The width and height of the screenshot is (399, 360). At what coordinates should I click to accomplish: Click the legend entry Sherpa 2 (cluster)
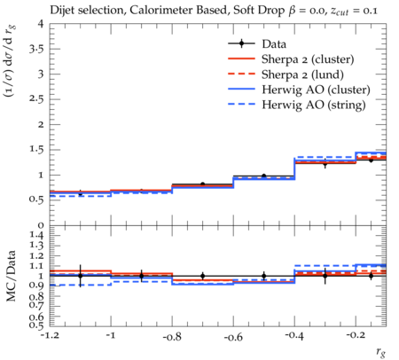point(308,59)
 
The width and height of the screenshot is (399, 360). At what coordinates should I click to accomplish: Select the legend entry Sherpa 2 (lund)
point(302,74)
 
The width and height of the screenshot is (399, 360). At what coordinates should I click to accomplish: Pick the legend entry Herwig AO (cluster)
point(316,90)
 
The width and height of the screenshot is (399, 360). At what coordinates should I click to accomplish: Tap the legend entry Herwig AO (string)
point(314,105)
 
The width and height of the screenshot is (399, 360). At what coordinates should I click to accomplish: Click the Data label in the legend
point(274,44)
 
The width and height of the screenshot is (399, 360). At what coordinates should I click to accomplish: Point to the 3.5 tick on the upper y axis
point(36,49)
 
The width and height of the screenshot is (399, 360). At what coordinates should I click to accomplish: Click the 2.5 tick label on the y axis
point(36,99)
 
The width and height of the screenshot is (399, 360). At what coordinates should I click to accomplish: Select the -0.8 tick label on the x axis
point(173,336)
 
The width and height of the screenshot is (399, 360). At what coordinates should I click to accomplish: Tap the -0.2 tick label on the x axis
point(355,335)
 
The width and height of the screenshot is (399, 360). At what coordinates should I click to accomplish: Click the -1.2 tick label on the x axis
point(51,336)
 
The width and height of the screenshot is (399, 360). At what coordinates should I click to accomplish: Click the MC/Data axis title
point(12,276)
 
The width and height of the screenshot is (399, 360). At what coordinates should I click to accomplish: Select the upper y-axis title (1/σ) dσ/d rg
point(11,61)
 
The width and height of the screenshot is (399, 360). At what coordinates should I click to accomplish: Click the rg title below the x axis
point(381,352)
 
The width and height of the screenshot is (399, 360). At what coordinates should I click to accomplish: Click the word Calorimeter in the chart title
point(179,11)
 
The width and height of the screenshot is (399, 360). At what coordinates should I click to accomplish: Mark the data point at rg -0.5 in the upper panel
point(264,176)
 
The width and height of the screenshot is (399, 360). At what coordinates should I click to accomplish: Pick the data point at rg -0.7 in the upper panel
point(203,184)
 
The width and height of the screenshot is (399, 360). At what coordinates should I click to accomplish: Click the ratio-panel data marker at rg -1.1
point(80,276)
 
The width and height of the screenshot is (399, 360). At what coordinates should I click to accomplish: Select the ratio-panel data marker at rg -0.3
point(325,276)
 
